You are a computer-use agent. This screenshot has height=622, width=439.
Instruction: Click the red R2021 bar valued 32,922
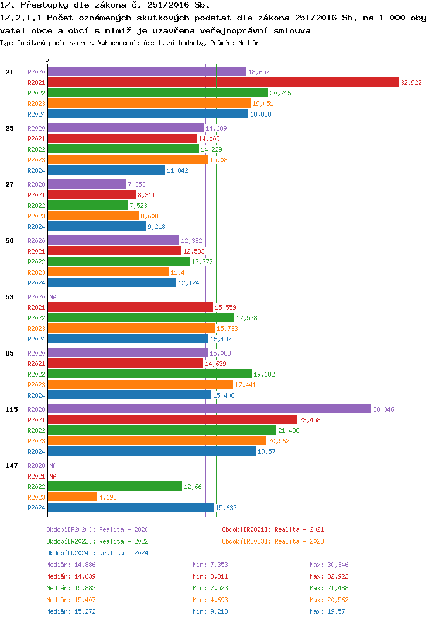coord(222,83)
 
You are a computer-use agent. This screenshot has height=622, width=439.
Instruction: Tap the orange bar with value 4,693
coord(72,497)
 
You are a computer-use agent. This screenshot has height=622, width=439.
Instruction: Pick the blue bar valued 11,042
coord(106,170)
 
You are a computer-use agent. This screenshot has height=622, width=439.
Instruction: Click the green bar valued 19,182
coord(149,374)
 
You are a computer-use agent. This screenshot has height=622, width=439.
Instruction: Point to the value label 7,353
coord(136,184)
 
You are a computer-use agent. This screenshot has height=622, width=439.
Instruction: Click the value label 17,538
coord(246,318)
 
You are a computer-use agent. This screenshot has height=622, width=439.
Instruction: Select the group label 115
coord(12,409)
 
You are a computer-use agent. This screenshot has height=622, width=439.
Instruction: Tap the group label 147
coord(12,466)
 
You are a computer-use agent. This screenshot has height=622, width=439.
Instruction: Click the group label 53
coord(9,297)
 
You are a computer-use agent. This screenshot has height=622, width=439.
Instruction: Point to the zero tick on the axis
coord(47,60)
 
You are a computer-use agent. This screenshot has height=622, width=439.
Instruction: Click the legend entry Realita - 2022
coord(97,541)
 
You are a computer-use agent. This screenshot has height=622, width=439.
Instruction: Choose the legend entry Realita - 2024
coord(97,553)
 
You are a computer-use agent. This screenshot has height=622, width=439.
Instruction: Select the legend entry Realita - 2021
coord(273,529)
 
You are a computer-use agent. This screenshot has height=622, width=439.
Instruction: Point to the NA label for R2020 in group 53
coord(53,297)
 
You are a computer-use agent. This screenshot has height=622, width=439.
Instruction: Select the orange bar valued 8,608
coord(92,216)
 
